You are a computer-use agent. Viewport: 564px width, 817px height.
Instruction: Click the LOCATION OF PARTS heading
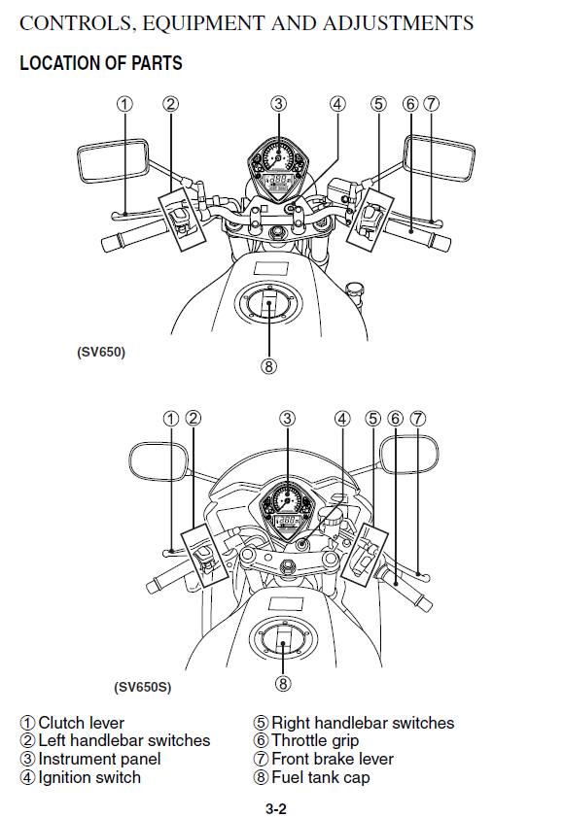pyautogui.click(x=101, y=63)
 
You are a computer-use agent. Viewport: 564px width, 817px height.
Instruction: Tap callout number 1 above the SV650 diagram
pyautogui.click(x=124, y=104)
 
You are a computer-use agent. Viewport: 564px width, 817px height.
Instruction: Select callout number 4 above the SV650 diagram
pyautogui.click(x=337, y=104)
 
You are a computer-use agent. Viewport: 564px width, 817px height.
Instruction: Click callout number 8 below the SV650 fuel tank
pyautogui.click(x=268, y=367)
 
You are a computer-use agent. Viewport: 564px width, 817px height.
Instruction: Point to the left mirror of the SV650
pyautogui.click(x=113, y=161)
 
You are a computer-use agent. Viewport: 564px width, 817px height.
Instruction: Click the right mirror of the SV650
pyautogui.click(x=439, y=158)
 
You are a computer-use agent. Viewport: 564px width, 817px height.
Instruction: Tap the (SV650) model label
pyautogui.click(x=101, y=353)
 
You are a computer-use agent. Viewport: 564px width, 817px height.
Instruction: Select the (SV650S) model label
pyautogui.click(x=142, y=687)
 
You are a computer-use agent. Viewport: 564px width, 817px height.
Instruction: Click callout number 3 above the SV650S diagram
pyautogui.click(x=288, y=419)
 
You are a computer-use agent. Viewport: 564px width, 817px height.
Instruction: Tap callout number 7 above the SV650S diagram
pyautogui.click(x=417, y=419)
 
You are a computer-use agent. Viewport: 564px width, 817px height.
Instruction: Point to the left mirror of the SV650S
pyautogui.click(x=159, y=460)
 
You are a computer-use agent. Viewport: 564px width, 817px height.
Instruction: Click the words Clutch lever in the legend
pyautogui.click(x=82, y=723)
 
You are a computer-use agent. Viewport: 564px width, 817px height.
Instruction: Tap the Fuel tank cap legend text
pyautogui.click(x=321, y=778)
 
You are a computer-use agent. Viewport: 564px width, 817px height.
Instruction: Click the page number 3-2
pyautogui.click(x=276, y=808)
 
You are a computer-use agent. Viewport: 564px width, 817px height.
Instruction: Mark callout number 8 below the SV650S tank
pyautogui.click(x=283, y=684)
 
